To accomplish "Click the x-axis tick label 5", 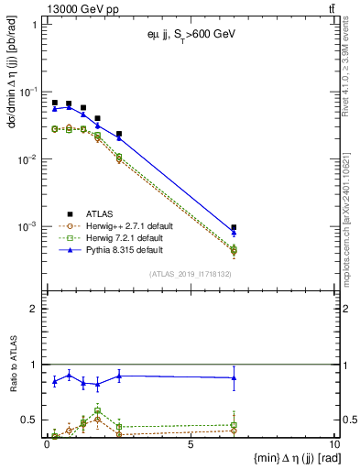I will click(190, 444).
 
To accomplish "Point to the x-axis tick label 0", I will click(47, 444).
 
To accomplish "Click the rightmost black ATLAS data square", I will click(235, 227).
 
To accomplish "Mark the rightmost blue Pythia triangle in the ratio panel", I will click(235, 377).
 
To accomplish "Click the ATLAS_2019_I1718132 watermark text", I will click(191, 274).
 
